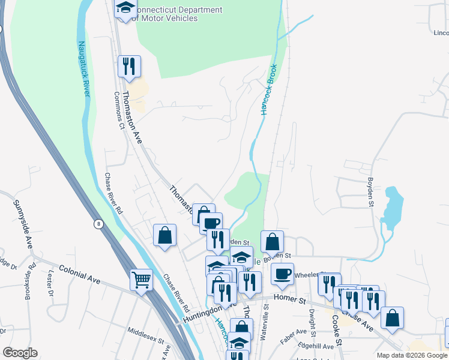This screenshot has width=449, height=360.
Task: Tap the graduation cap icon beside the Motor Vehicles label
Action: click(x=126, y=8)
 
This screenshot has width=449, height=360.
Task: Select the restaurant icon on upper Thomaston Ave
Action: click(x=129, y=66)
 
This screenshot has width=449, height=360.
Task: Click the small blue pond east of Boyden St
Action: click(x=391, y=207)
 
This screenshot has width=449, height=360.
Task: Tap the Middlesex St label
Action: click(x=146, y=335)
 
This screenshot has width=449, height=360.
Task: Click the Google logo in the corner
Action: click(x=19, y=353)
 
